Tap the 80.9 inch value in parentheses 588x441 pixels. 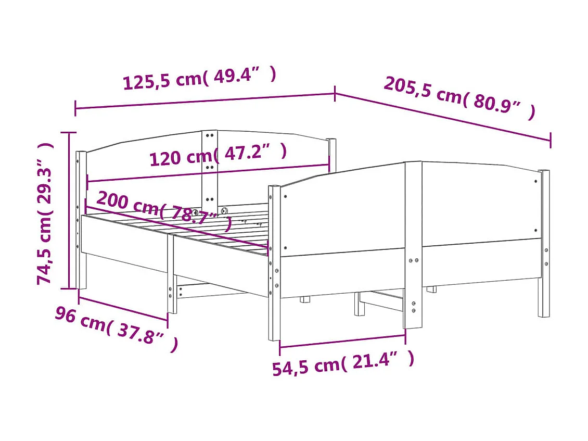click(x=497, y=104)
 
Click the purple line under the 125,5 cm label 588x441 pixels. click(x=205, y=101)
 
